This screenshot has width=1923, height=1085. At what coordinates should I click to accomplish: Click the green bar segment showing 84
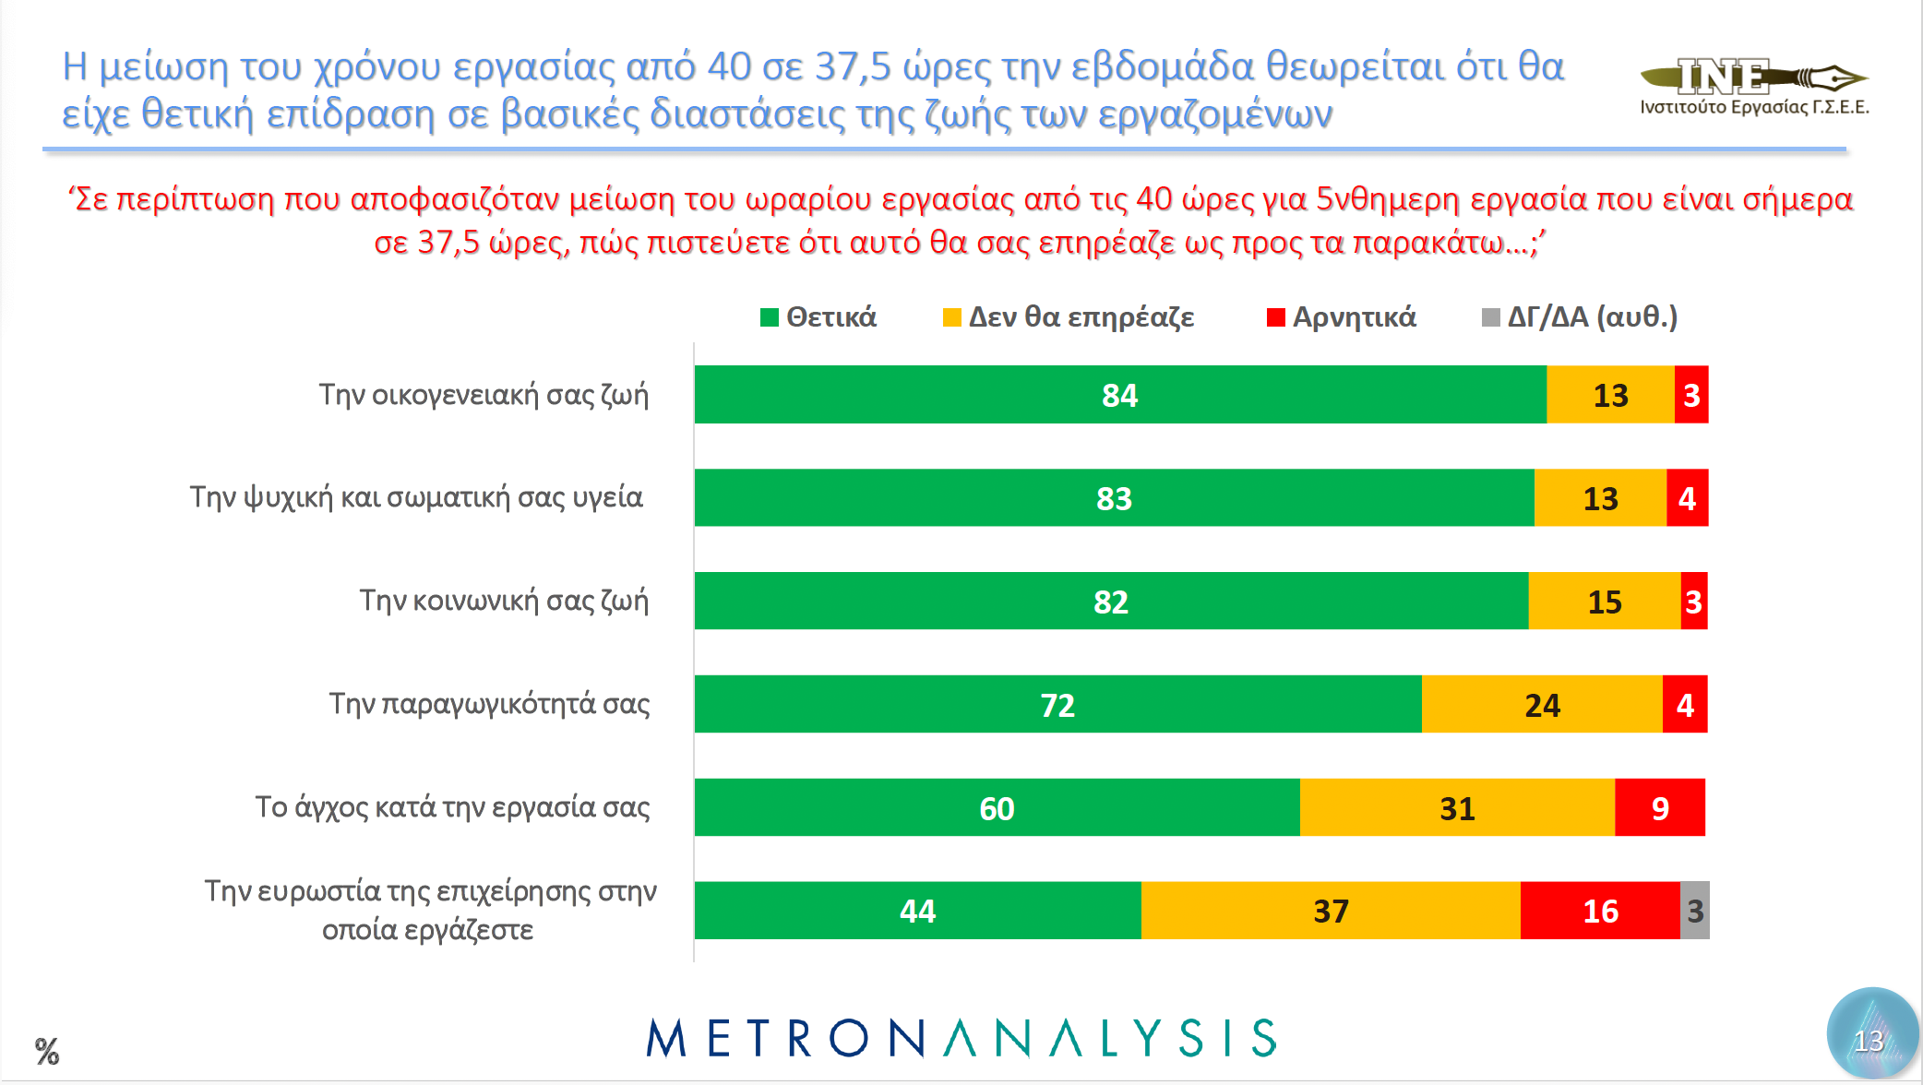coord(1119,395)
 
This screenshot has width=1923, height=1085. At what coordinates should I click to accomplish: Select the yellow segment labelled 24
coord(1542,705)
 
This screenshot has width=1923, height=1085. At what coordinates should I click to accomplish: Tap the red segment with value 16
coord(1600,911)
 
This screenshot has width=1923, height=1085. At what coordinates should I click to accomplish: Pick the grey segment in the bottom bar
coord(1695,911)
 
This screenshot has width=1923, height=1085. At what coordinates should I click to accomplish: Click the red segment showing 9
coord(1660,808)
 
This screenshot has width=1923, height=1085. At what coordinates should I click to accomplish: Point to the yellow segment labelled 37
coord(1331,911)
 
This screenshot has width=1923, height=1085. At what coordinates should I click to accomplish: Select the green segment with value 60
coord(997,808)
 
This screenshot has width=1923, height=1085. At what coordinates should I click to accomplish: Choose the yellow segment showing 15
coord(1605,602)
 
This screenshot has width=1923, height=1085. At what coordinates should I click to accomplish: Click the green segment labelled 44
coord(917,911)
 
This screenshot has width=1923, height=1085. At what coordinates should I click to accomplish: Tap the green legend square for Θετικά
coord(770,317)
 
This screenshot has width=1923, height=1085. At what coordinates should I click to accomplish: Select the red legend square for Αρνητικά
coord(1276,317)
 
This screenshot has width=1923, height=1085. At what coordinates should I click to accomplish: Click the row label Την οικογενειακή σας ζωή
coord(484,395)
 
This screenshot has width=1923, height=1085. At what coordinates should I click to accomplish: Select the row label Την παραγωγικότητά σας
coord(489,704)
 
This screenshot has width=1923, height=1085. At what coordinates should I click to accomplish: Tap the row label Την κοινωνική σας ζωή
coord(504,601)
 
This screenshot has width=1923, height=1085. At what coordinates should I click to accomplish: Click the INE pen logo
coord(1753,77)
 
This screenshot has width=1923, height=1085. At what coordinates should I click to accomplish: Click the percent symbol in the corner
coord(47,1051)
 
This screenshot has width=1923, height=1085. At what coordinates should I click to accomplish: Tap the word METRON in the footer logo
coord(784,1039)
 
